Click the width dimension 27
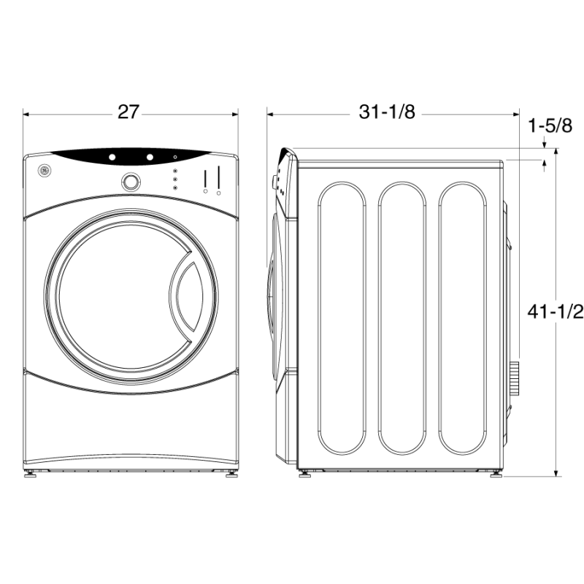(128, 112)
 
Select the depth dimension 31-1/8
(387, 112)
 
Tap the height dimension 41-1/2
(556, 312)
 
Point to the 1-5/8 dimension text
(550, 126)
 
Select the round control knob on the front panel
(131, 182)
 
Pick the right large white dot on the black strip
(149, 157)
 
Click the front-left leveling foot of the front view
(31, 473)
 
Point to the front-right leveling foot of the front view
(231, 473)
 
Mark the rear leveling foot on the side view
(496, 473)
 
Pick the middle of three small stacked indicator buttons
(175, 180)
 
